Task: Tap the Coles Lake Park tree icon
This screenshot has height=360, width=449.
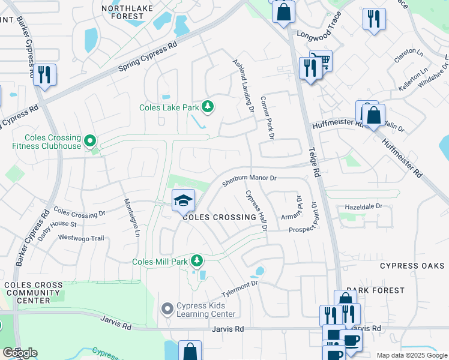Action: click(208, 107)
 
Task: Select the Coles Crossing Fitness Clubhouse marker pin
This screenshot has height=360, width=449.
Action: click(91, 142)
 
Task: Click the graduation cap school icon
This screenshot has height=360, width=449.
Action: click(183, 200)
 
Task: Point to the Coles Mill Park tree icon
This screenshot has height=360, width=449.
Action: click(196, 260)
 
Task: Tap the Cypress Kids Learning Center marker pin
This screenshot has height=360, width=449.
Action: click(168, 309)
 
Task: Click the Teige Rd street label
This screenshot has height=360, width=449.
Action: click(313, 161)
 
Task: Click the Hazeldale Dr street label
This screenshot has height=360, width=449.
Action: click(363, 206)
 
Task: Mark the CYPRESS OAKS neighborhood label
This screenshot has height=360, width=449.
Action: click(412, 266)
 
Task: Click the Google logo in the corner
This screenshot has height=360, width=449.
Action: click(20, 353)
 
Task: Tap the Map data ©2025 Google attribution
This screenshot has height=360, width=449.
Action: click(411, 355)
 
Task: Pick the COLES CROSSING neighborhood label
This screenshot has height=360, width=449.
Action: click(216, 217)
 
